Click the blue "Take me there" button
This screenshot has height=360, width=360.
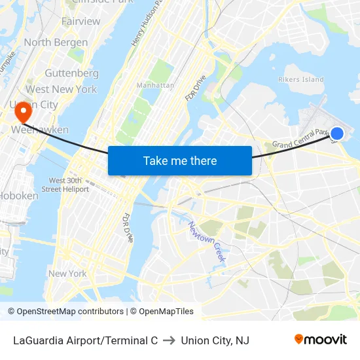(180, 160)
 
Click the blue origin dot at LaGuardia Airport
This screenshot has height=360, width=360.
(336, 134)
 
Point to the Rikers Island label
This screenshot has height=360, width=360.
(301, 80)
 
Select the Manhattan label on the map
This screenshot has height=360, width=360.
(155, 86)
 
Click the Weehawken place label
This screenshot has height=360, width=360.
(40, 130)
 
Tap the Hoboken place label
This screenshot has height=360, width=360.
(19, 196)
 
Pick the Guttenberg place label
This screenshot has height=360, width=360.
(71, 73)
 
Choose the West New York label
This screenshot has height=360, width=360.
(61, 89)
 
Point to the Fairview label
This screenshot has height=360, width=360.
(81, 22)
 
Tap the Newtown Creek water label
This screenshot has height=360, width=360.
(207, 242)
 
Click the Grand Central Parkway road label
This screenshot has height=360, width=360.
(303, 138)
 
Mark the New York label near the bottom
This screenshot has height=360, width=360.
(67, 274)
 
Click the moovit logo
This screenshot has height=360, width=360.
(321, 340)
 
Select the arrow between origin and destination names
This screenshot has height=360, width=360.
(170, 340)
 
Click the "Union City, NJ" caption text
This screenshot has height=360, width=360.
(215, 340)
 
